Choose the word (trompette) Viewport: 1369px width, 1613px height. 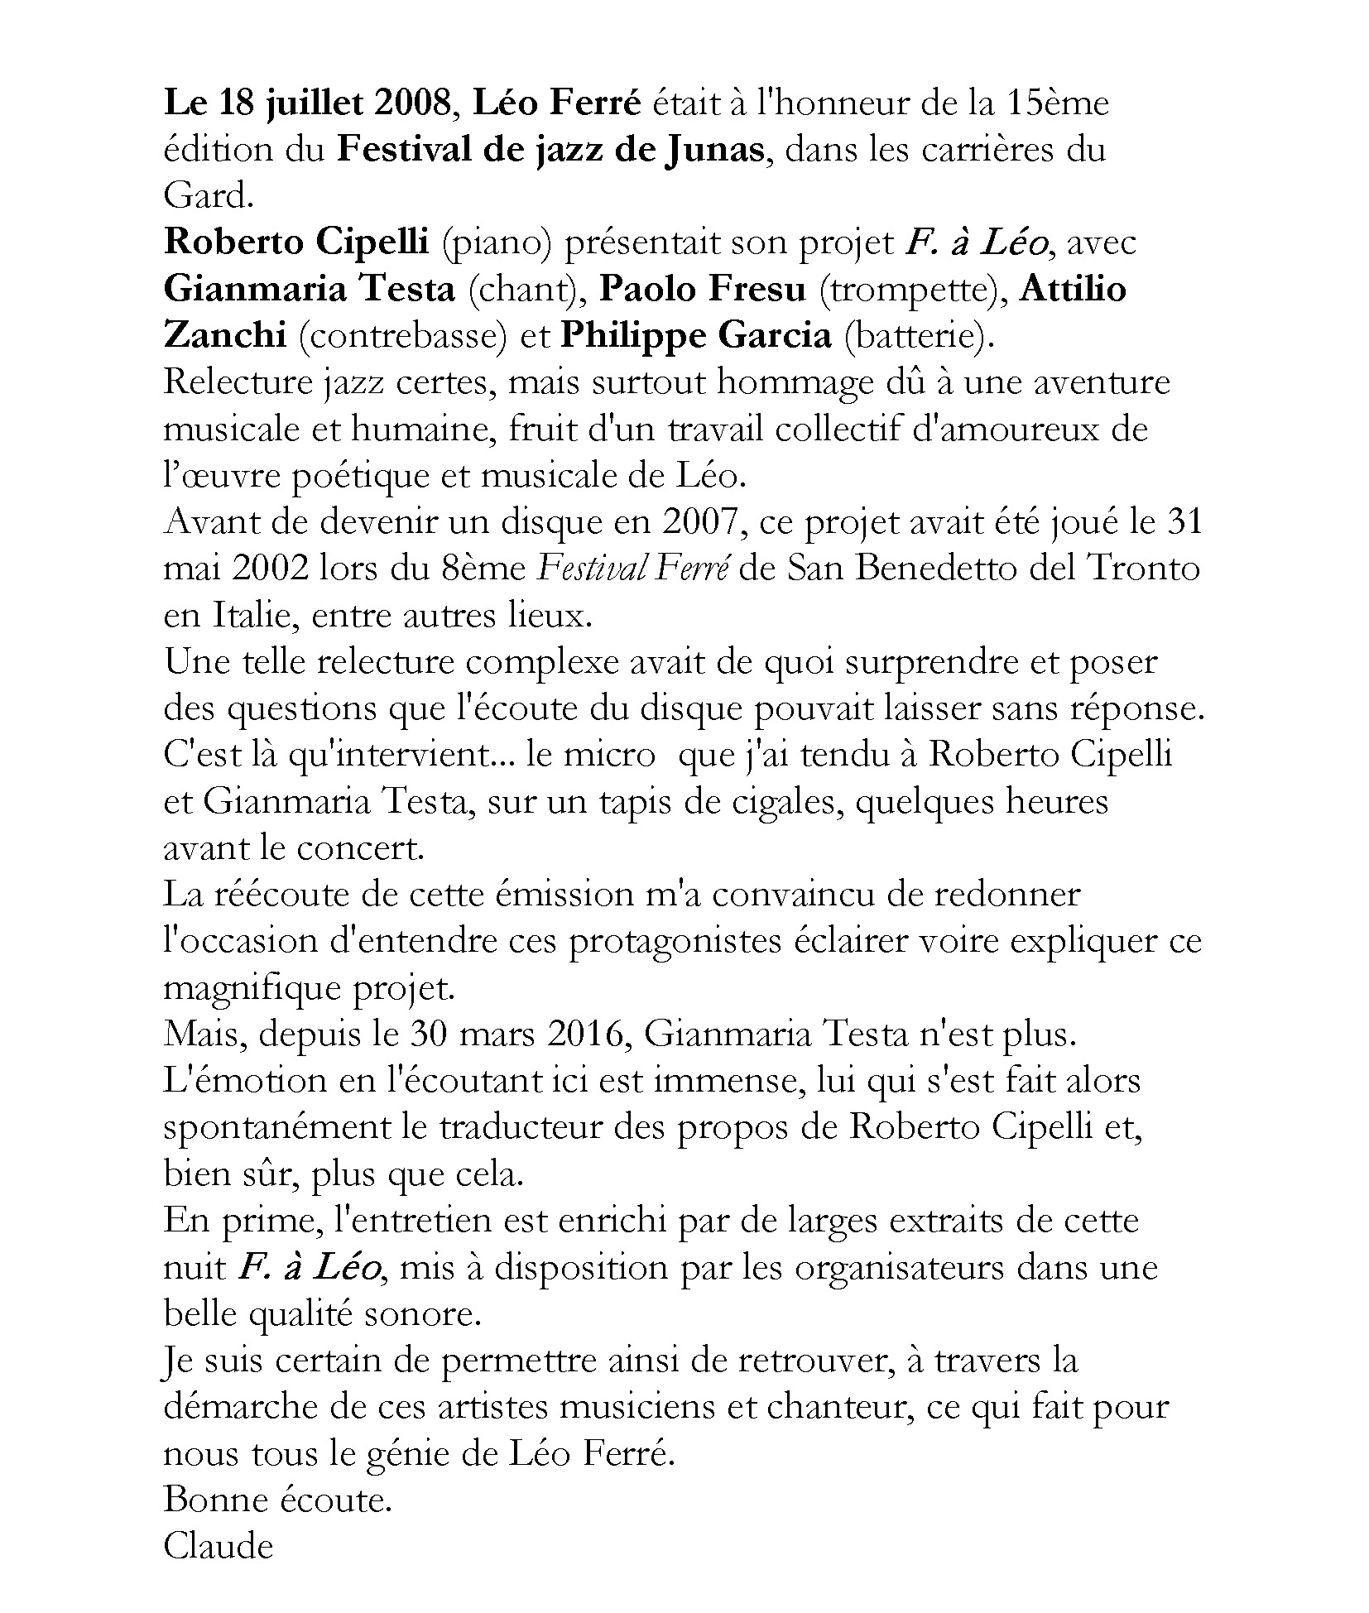coord(913,290)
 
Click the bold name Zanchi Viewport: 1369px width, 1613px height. coord(225,336)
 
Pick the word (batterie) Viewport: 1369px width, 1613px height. coord(915,336)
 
